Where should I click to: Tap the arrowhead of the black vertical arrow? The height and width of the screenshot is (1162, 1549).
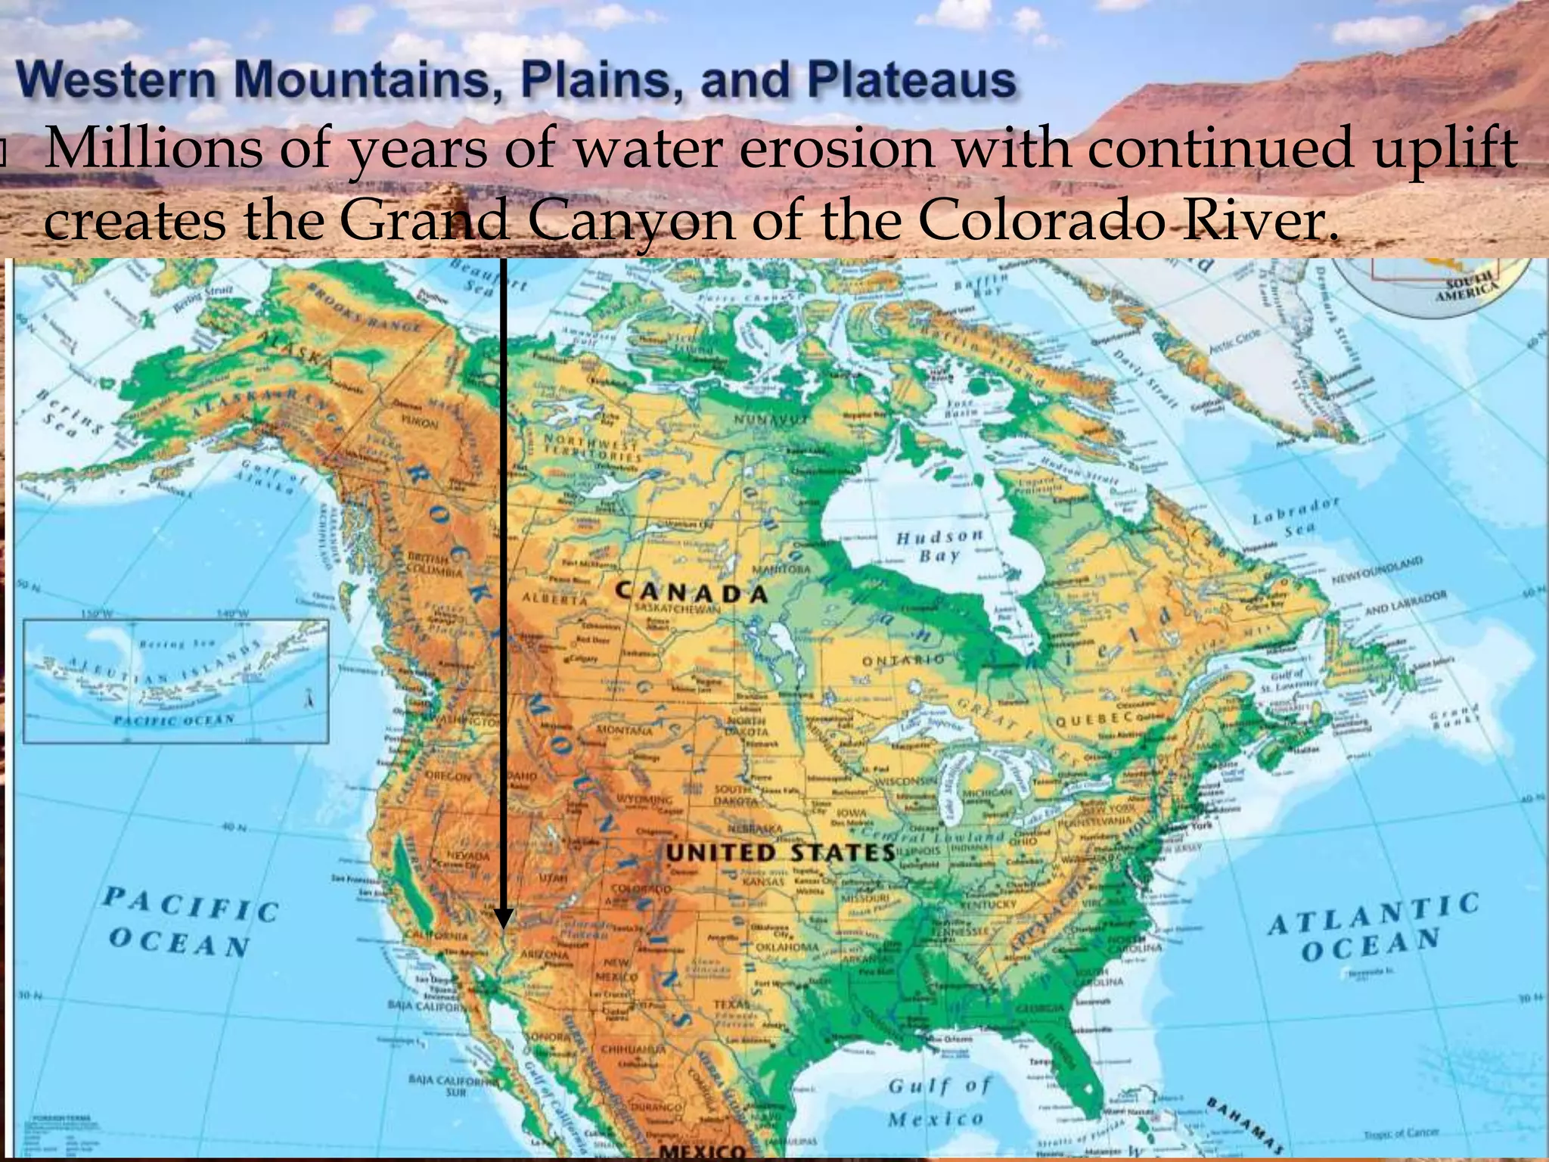tap(504, 918)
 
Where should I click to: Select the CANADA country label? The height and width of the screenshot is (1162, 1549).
tap(691, 592)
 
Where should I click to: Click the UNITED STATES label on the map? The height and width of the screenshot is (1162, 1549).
tap(780, 853)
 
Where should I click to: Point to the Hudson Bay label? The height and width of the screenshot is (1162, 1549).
tap(940, 545)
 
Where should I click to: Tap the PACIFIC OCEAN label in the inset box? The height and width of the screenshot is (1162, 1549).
tap(173, 720)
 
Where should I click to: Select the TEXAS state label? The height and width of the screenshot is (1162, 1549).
tap(731, 1004)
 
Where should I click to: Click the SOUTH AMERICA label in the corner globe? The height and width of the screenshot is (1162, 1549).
tap(1470, 289)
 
